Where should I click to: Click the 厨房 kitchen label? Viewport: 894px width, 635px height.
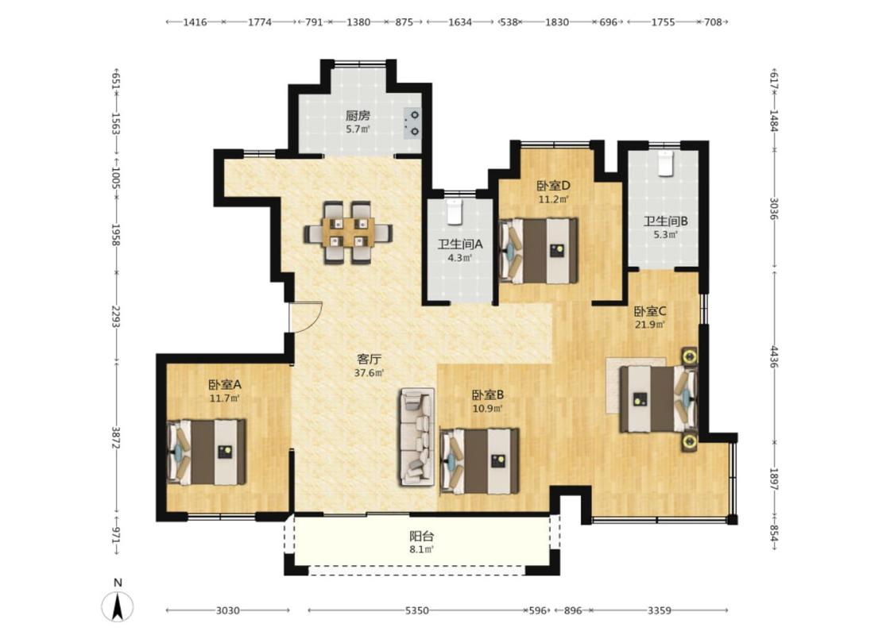[358, 116]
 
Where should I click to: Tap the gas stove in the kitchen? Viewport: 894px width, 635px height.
[412, 123]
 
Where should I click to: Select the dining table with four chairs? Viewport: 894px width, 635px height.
[348, 233]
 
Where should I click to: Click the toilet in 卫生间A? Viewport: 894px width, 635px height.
[454, 211]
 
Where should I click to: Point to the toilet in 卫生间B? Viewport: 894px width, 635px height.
[665, 164]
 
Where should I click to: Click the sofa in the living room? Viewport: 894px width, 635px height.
[416, 437]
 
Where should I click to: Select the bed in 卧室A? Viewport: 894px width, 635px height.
[206, 452]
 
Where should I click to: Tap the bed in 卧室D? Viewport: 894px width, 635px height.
[538, 251]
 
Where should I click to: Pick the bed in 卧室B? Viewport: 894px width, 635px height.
[479, 461]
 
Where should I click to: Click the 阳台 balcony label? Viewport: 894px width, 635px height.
[422, 536]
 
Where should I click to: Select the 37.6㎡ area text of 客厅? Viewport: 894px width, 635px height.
[369, 373]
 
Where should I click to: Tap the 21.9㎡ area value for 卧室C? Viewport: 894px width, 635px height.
[650, 325]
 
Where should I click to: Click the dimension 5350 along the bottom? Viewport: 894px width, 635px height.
[416, 610]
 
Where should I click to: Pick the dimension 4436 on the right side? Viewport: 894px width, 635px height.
[774, 357]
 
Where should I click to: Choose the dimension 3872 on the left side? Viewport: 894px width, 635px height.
[116, 437]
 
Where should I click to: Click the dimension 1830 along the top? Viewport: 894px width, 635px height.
[556, 22]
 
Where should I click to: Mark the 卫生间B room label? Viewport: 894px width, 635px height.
[666, 221]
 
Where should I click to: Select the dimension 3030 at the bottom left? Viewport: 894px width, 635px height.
[227, 610]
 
